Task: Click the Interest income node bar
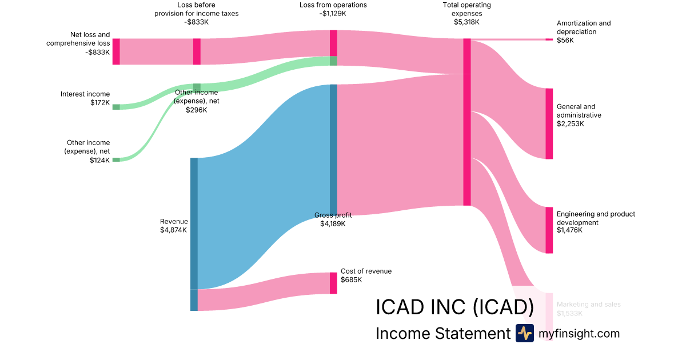[x=116, y=107]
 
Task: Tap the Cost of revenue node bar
[x=333, y=283]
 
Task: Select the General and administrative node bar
[x=549, y=123]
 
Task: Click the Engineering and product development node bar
[x=549, y=230]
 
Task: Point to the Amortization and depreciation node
[x=549, y=39]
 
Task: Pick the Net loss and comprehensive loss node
[x=116, y=51]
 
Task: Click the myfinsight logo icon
[x=524, y=333]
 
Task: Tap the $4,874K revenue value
[x=174, y=230]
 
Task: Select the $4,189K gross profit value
[x=333, y=223]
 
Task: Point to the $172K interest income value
[x=100, y=103]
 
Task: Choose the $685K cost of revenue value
[x=352, y=280]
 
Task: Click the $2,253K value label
[x=570, y=123]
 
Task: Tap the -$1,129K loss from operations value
[x=333, y=14]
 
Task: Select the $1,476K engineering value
[x=569, y=230]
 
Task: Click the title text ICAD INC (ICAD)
[x=454, y=307]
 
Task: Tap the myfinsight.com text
[x=579, y=334]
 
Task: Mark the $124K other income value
[x=100, y=160]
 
